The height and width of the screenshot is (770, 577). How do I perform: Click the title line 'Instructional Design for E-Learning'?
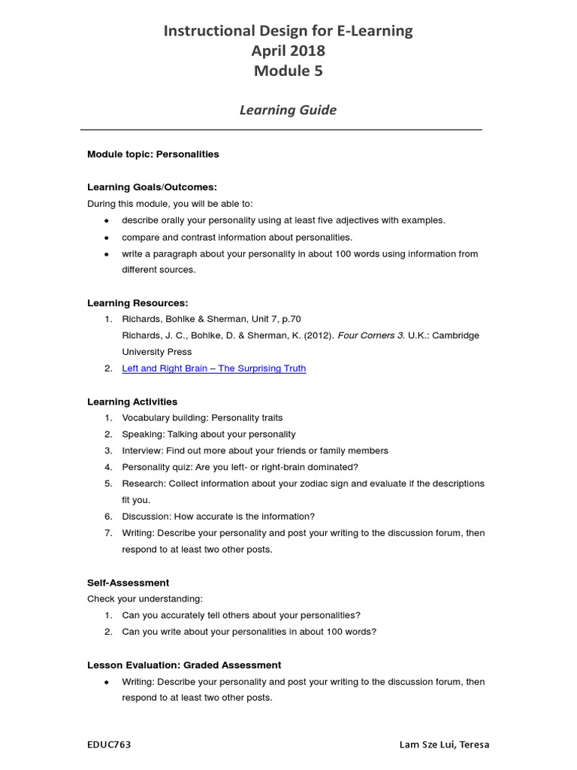click(x=288, y=31)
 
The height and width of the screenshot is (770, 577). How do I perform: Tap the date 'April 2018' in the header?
click(x=288, y=51)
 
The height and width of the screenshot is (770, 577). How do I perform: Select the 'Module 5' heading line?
click(x=288, y=71)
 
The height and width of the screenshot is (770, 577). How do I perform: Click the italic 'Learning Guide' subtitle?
click(x=288, y=110)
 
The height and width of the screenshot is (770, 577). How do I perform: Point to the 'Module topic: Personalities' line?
click(x=153, y=154)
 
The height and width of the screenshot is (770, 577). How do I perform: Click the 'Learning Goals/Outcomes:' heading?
click(x=152, y=187)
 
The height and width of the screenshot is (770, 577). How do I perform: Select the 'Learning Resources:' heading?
click(x=137, y=303)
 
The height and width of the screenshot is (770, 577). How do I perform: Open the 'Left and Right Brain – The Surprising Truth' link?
click(x=214, y=368)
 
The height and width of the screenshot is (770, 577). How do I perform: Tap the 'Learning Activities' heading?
click(x=132, y=402)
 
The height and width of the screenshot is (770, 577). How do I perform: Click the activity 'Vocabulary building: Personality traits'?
click(x=202, y=418)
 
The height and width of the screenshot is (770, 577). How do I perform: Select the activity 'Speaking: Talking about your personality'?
click(x=209, y=435)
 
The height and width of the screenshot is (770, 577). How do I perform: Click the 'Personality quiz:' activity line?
click(x=230, y=467)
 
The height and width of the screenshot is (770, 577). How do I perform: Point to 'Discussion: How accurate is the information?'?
click(x=219, y=517)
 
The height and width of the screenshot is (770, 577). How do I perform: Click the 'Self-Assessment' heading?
click(x=128, y=583)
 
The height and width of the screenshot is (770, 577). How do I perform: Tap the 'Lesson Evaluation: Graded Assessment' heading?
click(x=184, y=665)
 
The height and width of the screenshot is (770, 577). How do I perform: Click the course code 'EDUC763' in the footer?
click(x=109, y=744)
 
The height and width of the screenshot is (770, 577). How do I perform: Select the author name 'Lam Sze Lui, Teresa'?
click(x=444, y=744)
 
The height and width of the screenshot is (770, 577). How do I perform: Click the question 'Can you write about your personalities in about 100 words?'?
click(x=249, y=632)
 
